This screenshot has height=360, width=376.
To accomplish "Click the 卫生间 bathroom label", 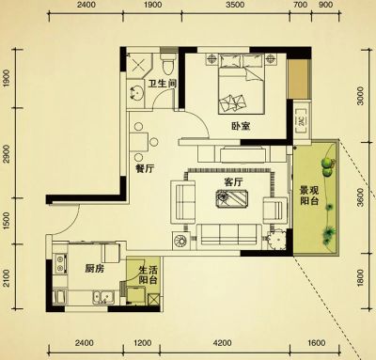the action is click(x=163, y=84).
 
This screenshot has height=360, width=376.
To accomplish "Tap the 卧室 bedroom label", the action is click(x=241, y=126).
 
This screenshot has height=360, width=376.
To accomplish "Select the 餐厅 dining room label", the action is click(x=145, y=169).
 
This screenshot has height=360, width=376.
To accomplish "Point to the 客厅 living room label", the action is click(x=233, y=182).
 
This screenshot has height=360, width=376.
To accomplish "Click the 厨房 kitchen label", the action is click(x=94, y=269).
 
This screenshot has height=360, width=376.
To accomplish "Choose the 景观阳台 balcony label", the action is click(x=309, y=196).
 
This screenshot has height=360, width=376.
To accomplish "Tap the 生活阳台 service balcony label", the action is click(x=148, y=274).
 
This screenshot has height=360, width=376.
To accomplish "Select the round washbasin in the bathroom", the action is click(x=136, y=93).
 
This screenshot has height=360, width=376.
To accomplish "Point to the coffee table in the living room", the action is click(x=232, y=198).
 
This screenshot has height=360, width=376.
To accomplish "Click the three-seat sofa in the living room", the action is click(x=229, y=234).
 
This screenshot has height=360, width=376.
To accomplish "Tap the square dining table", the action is click(x=139, y=142).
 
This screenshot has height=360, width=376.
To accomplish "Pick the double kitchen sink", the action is click(x=103, y=297).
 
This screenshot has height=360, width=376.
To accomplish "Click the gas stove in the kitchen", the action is click(x=60, y=263).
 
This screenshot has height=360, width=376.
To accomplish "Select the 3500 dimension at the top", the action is click(x=235, y=5).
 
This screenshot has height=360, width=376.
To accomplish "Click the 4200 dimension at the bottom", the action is click(x=224, y=343).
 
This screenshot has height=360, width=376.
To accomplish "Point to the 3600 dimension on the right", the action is click(x=360, y=197).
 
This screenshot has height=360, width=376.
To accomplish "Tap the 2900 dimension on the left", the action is click(x=7, y=154).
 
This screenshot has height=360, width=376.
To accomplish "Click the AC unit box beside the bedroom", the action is click(x=302, y=121).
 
